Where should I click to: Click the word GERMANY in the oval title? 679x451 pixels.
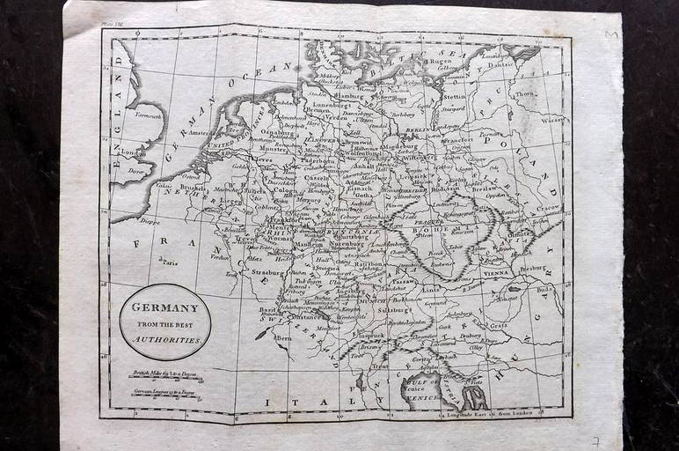164,307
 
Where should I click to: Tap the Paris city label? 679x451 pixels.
169,262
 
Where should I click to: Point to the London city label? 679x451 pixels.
133,152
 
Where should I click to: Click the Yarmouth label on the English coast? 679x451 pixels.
149,115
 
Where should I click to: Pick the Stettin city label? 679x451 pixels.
455,98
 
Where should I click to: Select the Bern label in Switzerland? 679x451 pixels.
283,336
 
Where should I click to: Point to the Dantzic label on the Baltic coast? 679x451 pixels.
500,63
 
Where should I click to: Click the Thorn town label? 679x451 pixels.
524,93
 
